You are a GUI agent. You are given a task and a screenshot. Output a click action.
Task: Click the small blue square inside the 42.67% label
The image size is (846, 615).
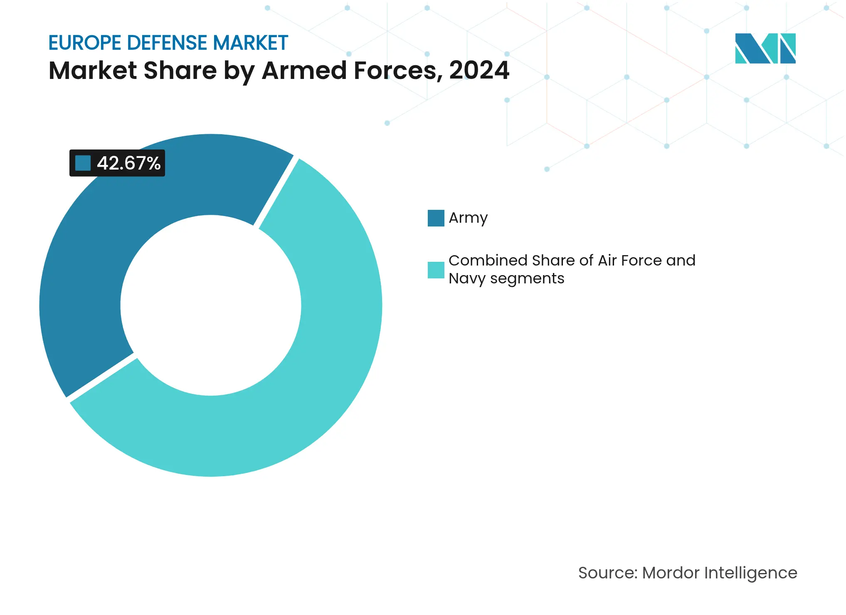click(83, 163)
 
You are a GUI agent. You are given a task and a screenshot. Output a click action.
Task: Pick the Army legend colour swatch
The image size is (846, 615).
click(436, 218)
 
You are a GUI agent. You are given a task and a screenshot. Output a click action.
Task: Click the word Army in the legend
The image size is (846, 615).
click(468, 218)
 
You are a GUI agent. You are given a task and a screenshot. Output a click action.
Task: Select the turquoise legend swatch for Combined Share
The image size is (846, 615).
click(436, 270)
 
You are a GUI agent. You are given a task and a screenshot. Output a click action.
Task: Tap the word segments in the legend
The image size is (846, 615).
click(527, 278)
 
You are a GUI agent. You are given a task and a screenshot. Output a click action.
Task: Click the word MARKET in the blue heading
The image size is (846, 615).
click(250, 43)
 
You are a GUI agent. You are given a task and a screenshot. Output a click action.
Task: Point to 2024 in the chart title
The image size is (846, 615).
click(479, 70)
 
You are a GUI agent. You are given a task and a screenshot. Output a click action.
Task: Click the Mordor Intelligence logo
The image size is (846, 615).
click(765, 48)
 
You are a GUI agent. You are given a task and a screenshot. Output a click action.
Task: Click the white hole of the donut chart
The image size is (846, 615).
click(211, 305)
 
